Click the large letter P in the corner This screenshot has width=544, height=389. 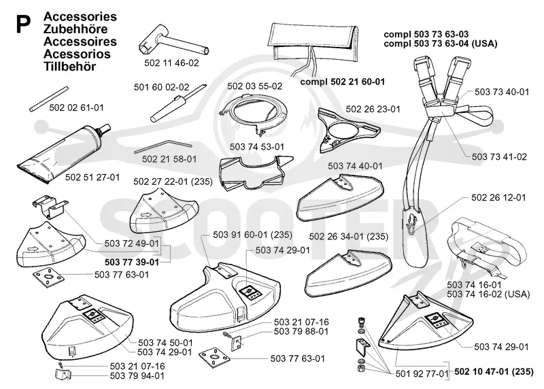[23, 24]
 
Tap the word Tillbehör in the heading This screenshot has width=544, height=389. [69, 66]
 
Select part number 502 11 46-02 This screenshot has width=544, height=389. [171, 63]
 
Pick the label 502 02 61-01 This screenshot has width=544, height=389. [76, 107]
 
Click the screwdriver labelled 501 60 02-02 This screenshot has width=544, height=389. [178, 103]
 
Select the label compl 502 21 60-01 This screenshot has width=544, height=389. [343, 82]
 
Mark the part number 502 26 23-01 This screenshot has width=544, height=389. [373, 109]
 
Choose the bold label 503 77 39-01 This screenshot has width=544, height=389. [132, 262]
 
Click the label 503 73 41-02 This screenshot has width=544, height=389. [499, 157]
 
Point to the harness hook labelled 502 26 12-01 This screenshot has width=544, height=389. [412, 221]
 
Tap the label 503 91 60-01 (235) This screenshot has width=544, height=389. [252, 235]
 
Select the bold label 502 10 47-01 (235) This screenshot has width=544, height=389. [494, 371]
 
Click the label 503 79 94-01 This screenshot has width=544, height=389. [137, 376]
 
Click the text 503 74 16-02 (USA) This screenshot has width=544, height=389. [488, 294]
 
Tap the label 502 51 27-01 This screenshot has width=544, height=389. [92, 177]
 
